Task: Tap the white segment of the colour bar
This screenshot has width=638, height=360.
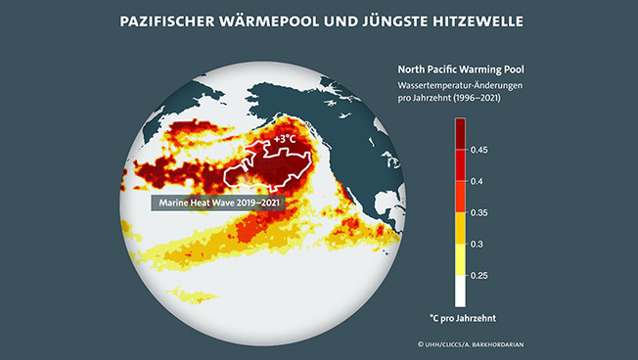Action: click(x=460, y=291)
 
